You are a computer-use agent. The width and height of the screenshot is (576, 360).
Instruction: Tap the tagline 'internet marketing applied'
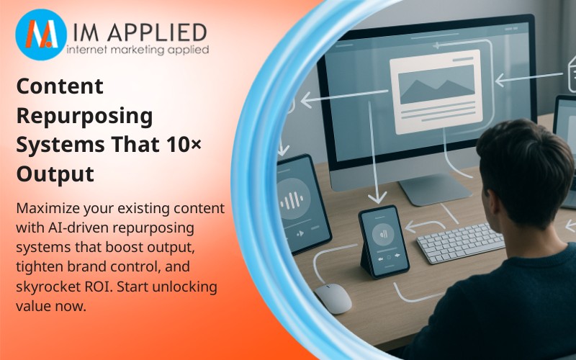tap(137, 50)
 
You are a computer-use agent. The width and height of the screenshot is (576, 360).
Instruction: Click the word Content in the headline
tap(60, 87)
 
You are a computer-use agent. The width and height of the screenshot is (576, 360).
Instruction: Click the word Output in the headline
tap(55, 174)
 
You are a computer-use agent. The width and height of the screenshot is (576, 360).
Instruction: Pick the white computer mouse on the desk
tap(333, 297)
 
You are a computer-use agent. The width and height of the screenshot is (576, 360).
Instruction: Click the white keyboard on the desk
tap(461, 242)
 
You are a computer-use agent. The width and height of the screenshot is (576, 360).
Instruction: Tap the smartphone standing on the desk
tap(382, 239)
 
